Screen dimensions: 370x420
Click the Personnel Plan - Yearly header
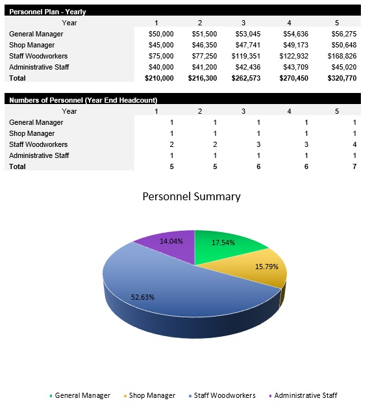(47, 11)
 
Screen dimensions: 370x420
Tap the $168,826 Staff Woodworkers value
(342, 56)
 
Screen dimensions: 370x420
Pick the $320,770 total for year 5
(342, 78)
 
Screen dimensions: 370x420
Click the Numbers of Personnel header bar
(83, 100)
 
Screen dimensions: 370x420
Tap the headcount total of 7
(354, 166)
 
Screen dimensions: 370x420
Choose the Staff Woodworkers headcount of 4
(354, 144)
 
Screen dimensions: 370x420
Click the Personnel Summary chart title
(191, 196)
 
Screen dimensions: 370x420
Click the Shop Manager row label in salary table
(32, 45)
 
